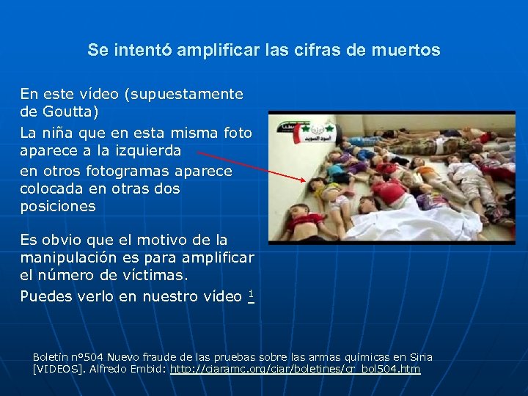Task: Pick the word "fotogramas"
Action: coord(128,171)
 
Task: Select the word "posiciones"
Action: coord(58,206)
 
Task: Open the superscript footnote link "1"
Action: coord(251,295)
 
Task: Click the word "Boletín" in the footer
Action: coord(50,357)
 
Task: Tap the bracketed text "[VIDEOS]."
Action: coord(59,369)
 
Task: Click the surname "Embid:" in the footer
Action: coord(149,369)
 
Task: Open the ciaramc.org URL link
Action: coord(295,369)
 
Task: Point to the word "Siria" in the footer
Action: coord(419,357)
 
